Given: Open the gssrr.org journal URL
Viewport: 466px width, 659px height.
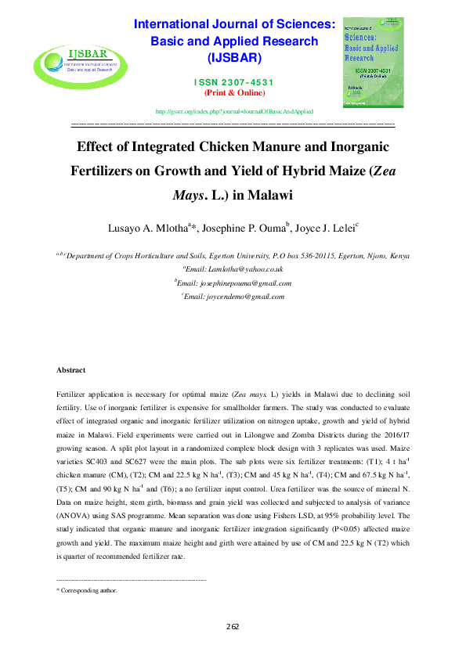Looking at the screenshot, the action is [x=233, y=112].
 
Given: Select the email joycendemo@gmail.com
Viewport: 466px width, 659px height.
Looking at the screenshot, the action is [x=235, y=297].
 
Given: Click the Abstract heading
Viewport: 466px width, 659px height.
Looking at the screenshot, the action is [x=71, y=369].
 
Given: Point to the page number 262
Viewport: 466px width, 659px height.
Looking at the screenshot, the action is [x=233, y=626].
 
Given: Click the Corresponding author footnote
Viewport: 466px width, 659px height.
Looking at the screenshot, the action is [x=89, y=591].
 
